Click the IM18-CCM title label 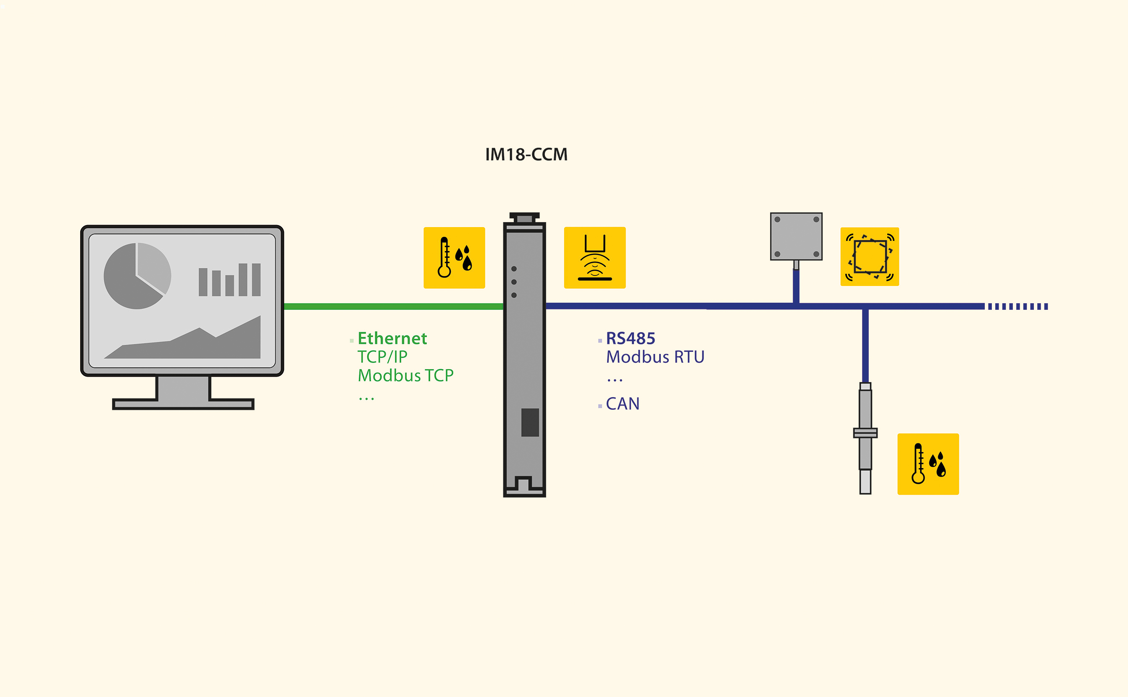pyautogui.click(x=526, y=155)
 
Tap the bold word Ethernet pyautogui.click(x=392, y=338)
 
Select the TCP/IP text pyautogui.click(x=382, y=357)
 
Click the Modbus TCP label pyautogui.click(x=405, y=375)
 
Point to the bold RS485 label pyautogui.click(x=631, y=338)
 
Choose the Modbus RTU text pyautogui.click(x=655, y=357)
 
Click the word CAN pyautogui.click(x=623, y=404)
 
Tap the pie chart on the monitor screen pyautogui.click(x=137, y=276)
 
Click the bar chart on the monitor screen pyautogui.click(x=230, y=280)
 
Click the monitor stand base pyautogui.click(x=183, y=404)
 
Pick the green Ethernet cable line pyautogui.click(x=392, y=306)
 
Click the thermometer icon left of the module pyautogui.click(x=454, y=258)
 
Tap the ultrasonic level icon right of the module pyautogui.click(x=594, y=258)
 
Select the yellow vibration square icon pyautogui.click(x=869, y=257)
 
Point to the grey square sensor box pyautogui.click(x=796, y=236)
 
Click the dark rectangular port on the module pyautogui.click(x=530, y=422)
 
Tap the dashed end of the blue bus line pyautogui.click(x=1018, y=306)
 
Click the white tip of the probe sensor pyautogui.click(x=865, y=482)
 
